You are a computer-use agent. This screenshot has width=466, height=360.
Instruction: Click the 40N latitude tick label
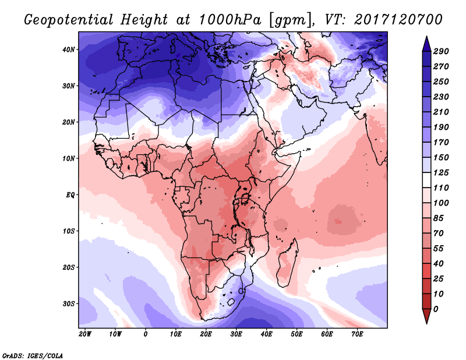point(69,50)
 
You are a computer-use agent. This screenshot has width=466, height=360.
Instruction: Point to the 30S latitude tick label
point(69,303)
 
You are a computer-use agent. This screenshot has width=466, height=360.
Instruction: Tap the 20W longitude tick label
point(85,334)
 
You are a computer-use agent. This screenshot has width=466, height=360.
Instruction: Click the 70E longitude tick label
point(357,334)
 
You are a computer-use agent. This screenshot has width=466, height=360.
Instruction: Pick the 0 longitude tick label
point(146,334)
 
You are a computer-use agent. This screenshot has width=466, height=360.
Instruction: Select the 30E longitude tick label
point(236,334)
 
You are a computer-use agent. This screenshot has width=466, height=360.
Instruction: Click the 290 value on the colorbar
point(441,52)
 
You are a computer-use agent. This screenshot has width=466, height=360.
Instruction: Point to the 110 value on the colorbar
point(441,188)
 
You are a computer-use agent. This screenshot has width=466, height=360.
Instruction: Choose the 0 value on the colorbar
point(436,309)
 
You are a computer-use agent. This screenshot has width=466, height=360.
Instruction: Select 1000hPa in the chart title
point(224,19)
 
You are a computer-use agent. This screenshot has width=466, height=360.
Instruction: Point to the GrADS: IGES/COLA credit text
point(33,355)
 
